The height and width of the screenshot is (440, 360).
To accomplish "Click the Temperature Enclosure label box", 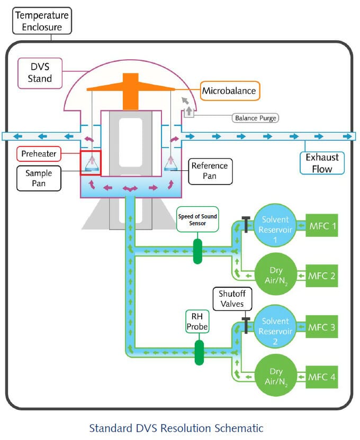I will pyautogui.click(x=42, y=20).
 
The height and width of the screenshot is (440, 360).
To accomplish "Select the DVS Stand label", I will pyautogui.click(x=40, y=72).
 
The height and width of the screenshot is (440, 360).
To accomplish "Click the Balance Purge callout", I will pyautogui.click(x=255, y=117).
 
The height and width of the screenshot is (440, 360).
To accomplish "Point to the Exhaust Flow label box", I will pyautogui.click(x=322, y=163).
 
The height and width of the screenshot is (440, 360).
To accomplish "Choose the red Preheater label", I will pyautogui.click(x=39, y=154).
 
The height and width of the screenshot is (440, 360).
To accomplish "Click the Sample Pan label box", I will pyautogui.click(x=39, y=178).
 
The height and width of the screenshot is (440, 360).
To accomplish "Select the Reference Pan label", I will pyautogui.click(x=210, y=171).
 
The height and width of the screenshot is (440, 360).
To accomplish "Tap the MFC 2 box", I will pyautogui.click(x=322, y=276).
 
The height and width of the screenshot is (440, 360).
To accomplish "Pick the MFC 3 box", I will pyautogui.click(x=322, y=327).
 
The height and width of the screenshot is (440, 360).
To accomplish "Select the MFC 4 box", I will pyautogui.click(x=322, y=378).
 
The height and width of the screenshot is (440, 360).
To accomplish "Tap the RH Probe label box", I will pyautogui.click(x=197, y=321).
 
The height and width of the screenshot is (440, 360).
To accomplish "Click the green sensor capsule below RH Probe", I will pyautogui.click(x=199, y=352).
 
